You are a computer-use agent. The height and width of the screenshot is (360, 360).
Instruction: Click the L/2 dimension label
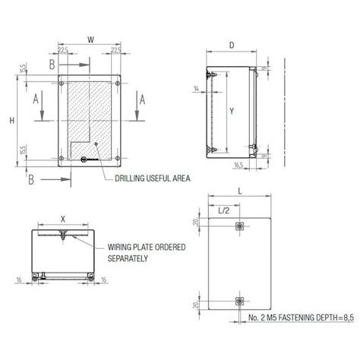point(225,209)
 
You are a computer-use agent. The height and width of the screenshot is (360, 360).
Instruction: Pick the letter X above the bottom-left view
point(63,217)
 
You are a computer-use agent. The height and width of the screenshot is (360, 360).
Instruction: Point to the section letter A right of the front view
point(141,97)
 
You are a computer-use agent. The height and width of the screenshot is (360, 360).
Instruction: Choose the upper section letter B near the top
point(52,66)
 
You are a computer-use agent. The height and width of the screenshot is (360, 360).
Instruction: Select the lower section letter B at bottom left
point(30,179)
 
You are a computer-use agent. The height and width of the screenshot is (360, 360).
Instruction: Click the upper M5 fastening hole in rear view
point(239,226)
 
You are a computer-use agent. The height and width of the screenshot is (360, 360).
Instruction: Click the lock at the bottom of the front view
point(84,159)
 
